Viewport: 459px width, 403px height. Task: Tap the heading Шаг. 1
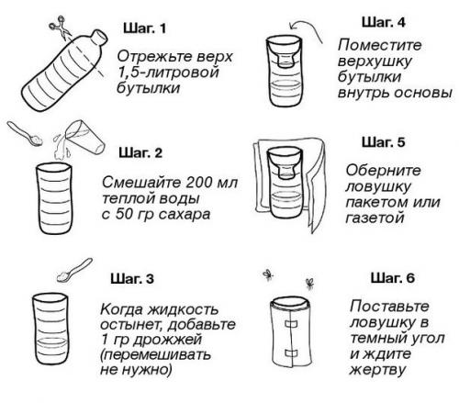pos(143,30)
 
